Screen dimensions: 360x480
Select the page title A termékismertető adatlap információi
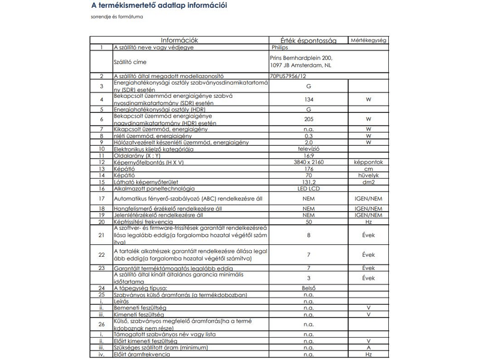click(159, 6)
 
